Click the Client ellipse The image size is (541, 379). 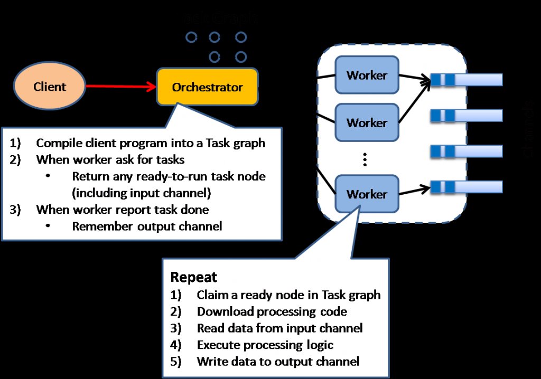tap(50, 87)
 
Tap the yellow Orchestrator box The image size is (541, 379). tap(207, 87)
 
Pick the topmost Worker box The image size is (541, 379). tap(367, 75)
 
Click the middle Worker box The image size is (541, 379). tap(367, 122)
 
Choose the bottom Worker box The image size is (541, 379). tap(367, 194)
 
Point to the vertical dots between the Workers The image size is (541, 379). tap(365, 159)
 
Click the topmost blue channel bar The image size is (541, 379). tap(466, 80)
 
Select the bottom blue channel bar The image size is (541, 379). tap(466, 186)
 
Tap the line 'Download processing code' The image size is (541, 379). tap(272, 311)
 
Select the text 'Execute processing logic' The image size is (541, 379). tap(265, 345)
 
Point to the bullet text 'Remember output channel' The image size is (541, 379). tap(147, 226)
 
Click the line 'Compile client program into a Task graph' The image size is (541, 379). tap(151, 143)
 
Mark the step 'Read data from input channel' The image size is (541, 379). tap(279, 328)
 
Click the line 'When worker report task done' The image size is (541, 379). tap(123, 210)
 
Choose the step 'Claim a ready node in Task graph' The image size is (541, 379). tap(288, 295)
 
